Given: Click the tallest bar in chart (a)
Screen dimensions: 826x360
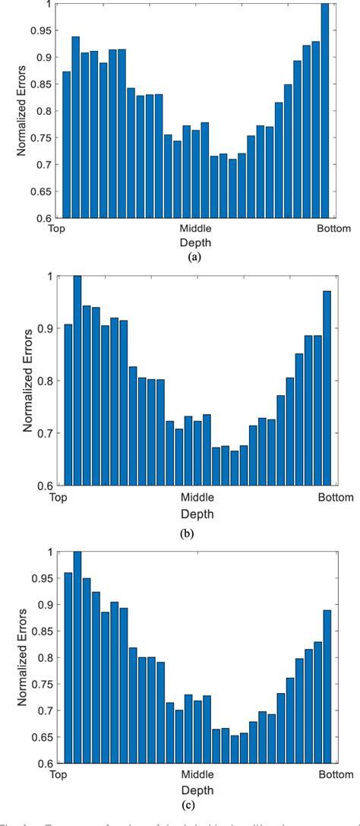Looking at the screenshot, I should (x=325, y=110).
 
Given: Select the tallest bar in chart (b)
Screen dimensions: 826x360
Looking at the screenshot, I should (x=77, y=380).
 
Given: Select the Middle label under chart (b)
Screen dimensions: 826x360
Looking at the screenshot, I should (x=196, y=498).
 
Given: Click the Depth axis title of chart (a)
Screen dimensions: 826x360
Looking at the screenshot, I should (x=196, y=242).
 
